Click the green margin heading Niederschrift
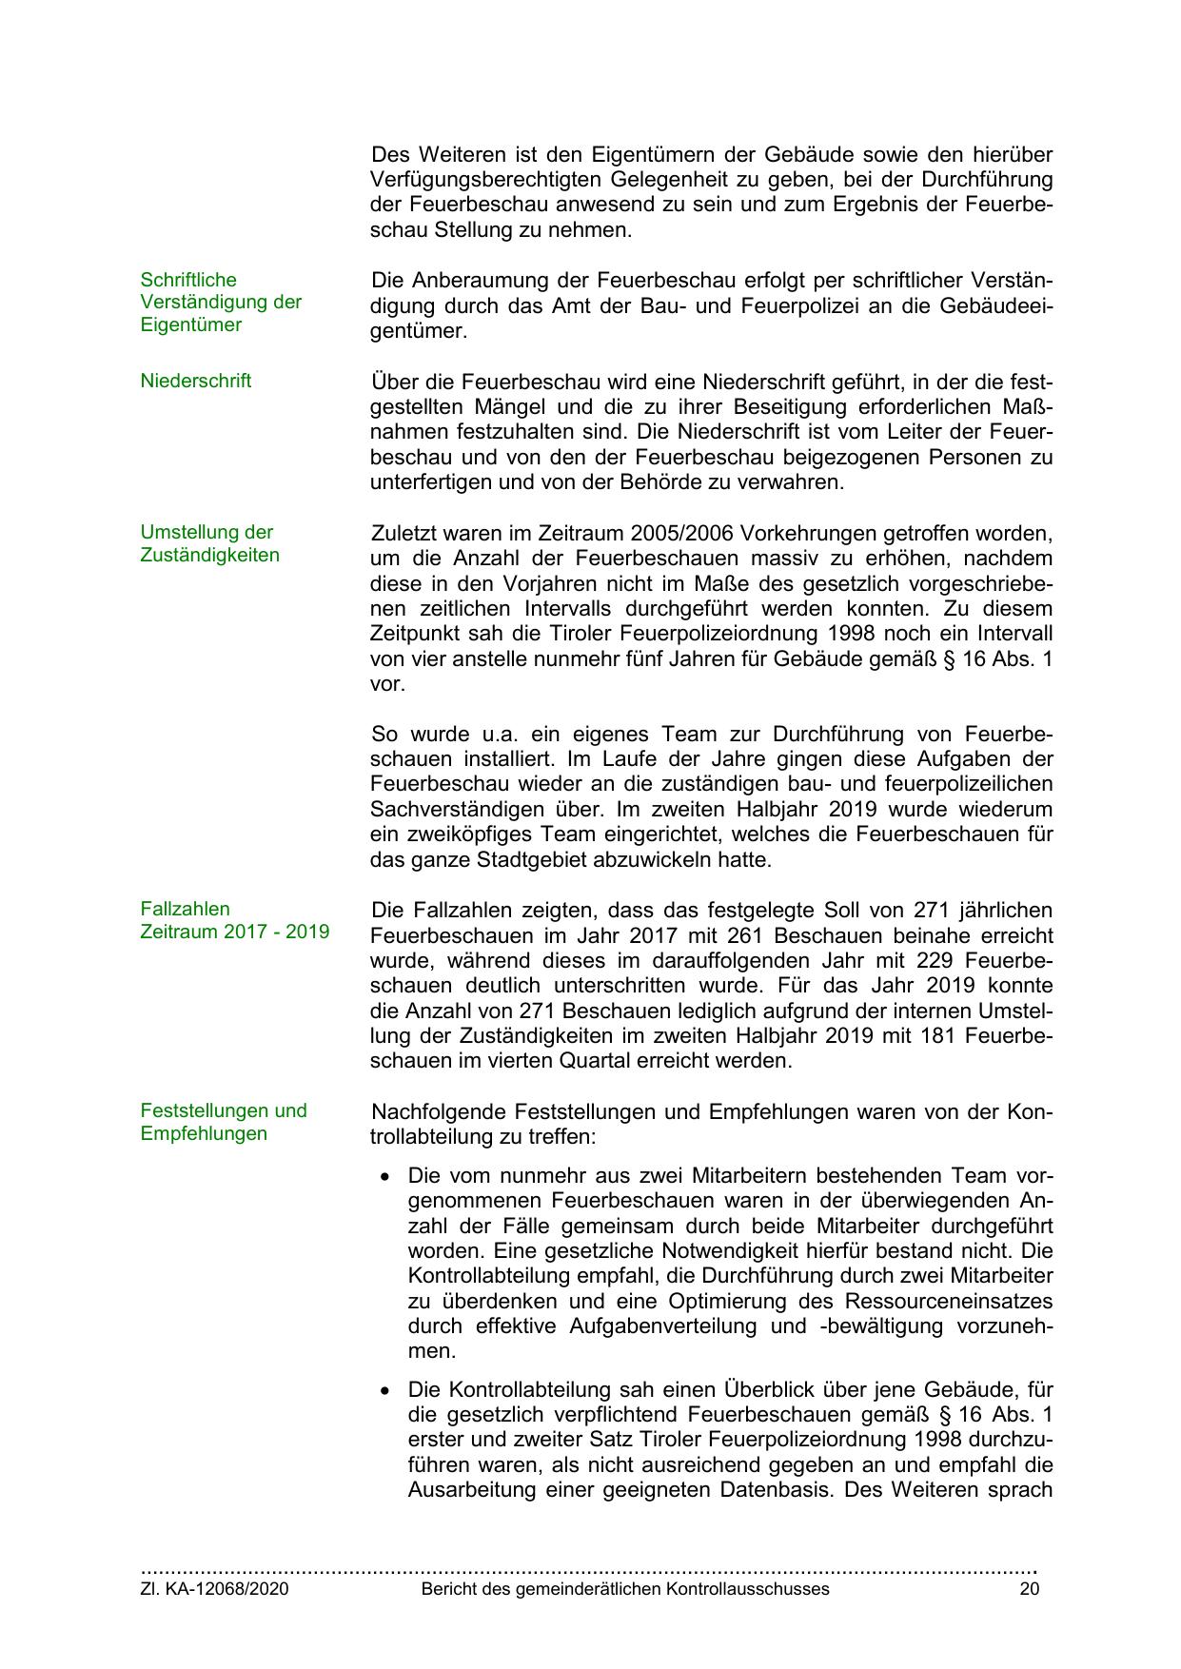coord(195,382)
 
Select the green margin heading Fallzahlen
coord(185,909)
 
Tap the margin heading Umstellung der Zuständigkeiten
coord(209,543)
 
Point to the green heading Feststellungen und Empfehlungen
coord(224,1122)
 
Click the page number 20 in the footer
coord(1029,1589)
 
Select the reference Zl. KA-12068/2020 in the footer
coord(214,1589)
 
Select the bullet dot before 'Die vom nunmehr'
coord(384,1177)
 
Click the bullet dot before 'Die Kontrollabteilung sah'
coord(384,1390)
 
